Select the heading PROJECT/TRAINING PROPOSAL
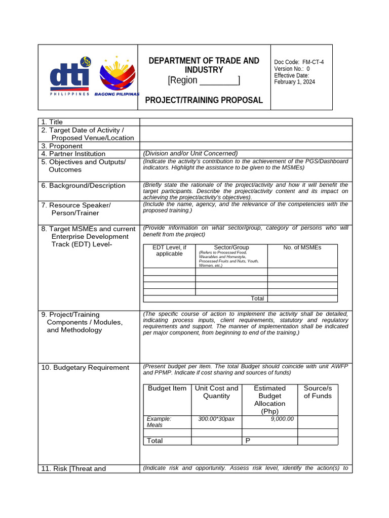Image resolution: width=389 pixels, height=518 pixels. point(204,100)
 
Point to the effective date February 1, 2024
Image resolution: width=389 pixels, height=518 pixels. point(294,82)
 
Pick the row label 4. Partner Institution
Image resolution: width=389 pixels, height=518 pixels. point(73,154)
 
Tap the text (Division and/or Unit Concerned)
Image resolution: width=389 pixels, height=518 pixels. point(190,154)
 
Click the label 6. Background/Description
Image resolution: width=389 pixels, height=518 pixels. point(83,186)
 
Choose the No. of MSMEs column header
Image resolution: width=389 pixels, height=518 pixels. point(302,247)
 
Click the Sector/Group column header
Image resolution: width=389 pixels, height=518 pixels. point(231,247)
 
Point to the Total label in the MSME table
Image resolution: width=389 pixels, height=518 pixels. point(257,298)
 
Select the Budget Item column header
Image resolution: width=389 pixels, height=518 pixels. point(167,388)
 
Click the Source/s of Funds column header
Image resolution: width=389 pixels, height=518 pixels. point(318,392)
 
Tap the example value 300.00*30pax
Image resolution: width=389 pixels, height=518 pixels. point(216,419)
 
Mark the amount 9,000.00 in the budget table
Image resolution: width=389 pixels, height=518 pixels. point(282,419)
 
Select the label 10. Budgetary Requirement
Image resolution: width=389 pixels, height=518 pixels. point(85,368)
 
